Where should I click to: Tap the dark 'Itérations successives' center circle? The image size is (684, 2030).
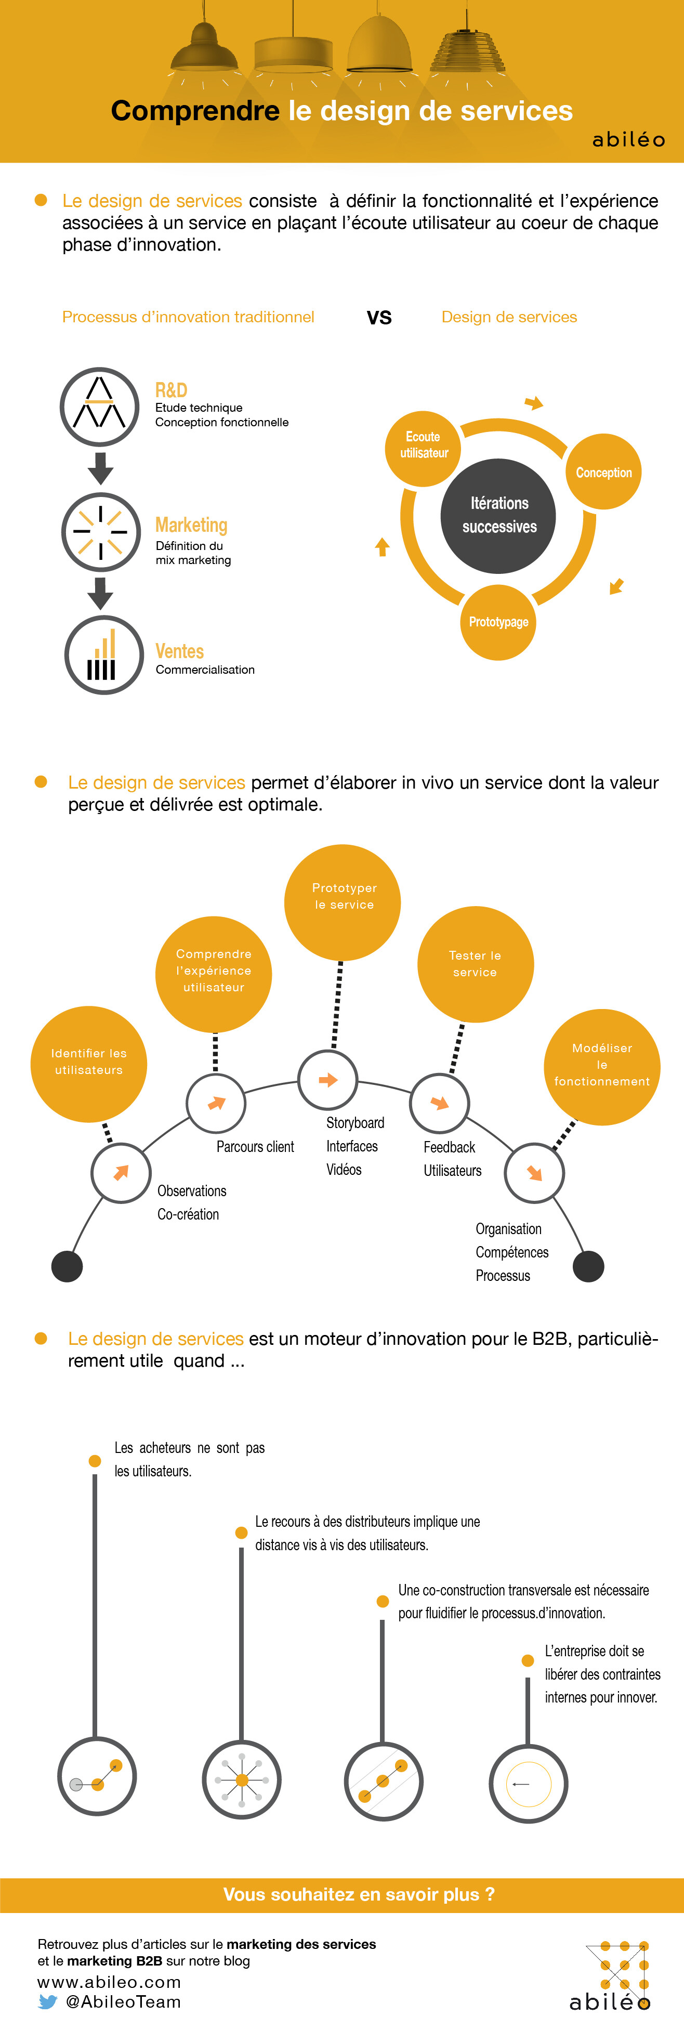click(498, 515)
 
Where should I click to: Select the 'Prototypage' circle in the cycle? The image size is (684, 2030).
click(498, 622)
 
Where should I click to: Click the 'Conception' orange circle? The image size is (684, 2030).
click(603, 472)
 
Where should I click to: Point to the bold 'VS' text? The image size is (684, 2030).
click(379, 318)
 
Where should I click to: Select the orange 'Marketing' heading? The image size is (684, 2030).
click(191, 525)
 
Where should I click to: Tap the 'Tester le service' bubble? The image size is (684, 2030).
click(475, 964)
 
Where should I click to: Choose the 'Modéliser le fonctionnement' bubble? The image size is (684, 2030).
click(602, 1066)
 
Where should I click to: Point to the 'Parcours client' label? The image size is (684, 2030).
click(255, 1147)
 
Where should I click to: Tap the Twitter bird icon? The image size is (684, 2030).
click(48, 2002)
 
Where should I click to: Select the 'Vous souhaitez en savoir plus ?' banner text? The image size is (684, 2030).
click(359, 1894)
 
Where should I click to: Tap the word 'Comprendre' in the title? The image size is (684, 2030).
click(194, 111)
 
